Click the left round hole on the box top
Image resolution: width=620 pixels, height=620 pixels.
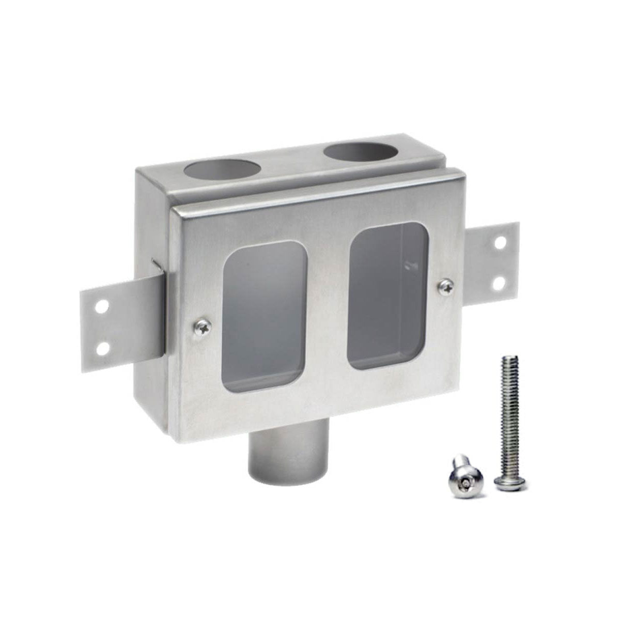[222, 171]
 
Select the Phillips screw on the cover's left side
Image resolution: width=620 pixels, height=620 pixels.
[203, 327]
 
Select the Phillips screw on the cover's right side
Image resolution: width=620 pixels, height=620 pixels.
[446, 285]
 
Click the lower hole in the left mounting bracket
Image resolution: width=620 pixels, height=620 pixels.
[103, 349]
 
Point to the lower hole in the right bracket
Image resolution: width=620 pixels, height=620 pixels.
[499, 283]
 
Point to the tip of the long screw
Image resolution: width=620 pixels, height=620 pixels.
[509, 358]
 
